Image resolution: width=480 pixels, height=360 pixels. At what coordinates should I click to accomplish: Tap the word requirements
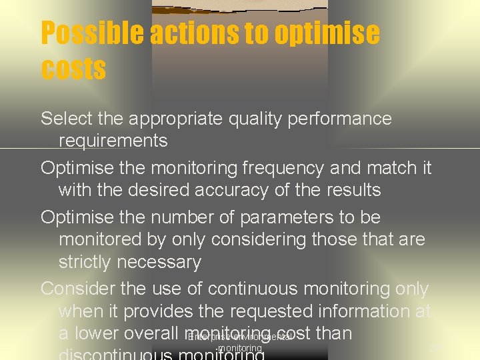[x=113, y=141]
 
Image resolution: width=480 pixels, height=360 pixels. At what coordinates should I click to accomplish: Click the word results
[x=349, y=190]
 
